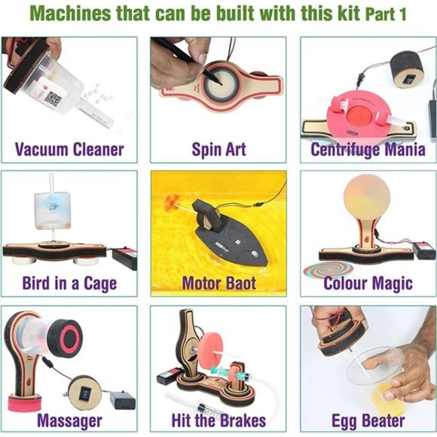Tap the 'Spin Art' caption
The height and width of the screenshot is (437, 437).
218,148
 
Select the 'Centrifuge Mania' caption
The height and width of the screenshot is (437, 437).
368,148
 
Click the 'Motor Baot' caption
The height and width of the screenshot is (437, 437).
218,283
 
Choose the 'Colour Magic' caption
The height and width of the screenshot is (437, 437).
368,283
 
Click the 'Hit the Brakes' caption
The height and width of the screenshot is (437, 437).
218,419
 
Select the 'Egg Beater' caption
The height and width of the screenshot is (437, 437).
368,419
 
